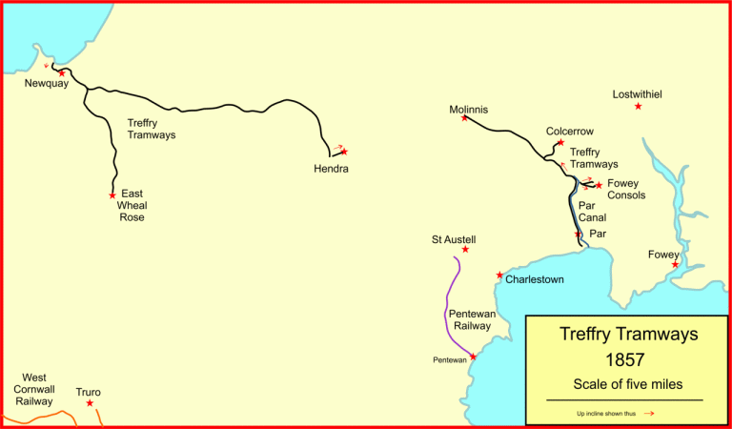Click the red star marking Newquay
pyautogui.click(x=62, y=73)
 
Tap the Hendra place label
pyautogui.click(x=331, y=169)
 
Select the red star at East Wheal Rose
pyautogui.click(x=112, y=195)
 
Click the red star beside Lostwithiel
pyautogui.click(x=638, y=106)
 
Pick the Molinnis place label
pyautogui.click(x=468, y=110)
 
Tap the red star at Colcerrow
pyautogui.click(x=560, y=142)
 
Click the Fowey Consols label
pyautogui.click(x=626, y=189)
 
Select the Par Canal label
pyautogui.click(x=592, y=211)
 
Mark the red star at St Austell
pyautogui.click(x=465, y=250)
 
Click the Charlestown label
pyautogui.click(x=535, y=279)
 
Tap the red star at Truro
pyautogui.click(x=90, y=403)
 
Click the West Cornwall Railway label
pyautogui.click(x=34, y=390)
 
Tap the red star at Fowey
pyautogui.click(x=675, y=264)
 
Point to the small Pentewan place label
pyautogui.click(x=450, y=359)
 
